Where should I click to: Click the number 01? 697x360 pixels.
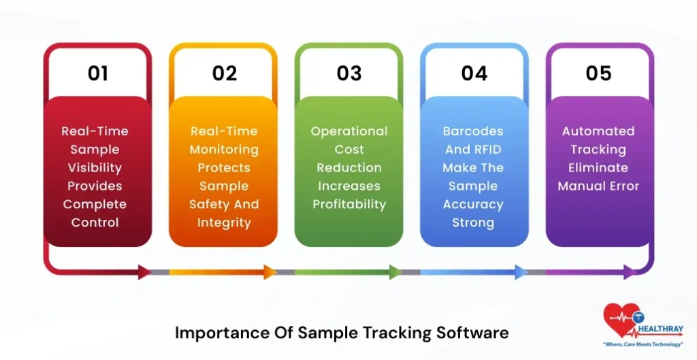pos(98,73)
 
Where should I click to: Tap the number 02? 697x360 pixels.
pos(224,73)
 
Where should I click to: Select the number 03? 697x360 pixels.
pos(349,73)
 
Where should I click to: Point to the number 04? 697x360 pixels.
pos(474,73)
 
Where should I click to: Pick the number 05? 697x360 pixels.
pos(599,73)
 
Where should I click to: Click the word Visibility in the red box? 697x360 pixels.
pos(95,167)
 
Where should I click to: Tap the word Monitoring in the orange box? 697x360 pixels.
pos(224,149)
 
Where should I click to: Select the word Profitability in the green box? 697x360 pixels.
pos(349,204)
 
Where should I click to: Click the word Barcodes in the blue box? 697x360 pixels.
pos(473,131)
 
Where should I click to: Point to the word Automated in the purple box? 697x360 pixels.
pos(598,131)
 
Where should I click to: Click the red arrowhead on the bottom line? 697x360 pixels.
pos(144,272)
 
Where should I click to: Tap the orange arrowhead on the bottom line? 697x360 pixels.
pos(270,272)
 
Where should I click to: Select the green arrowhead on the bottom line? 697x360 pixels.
pos(395,272)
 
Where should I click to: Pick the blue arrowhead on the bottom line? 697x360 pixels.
pos(521,272)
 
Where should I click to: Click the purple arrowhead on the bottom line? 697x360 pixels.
pos(630,272)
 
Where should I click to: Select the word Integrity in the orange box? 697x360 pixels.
pos(224,223)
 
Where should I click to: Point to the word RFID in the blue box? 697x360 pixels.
pos(489,149)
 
